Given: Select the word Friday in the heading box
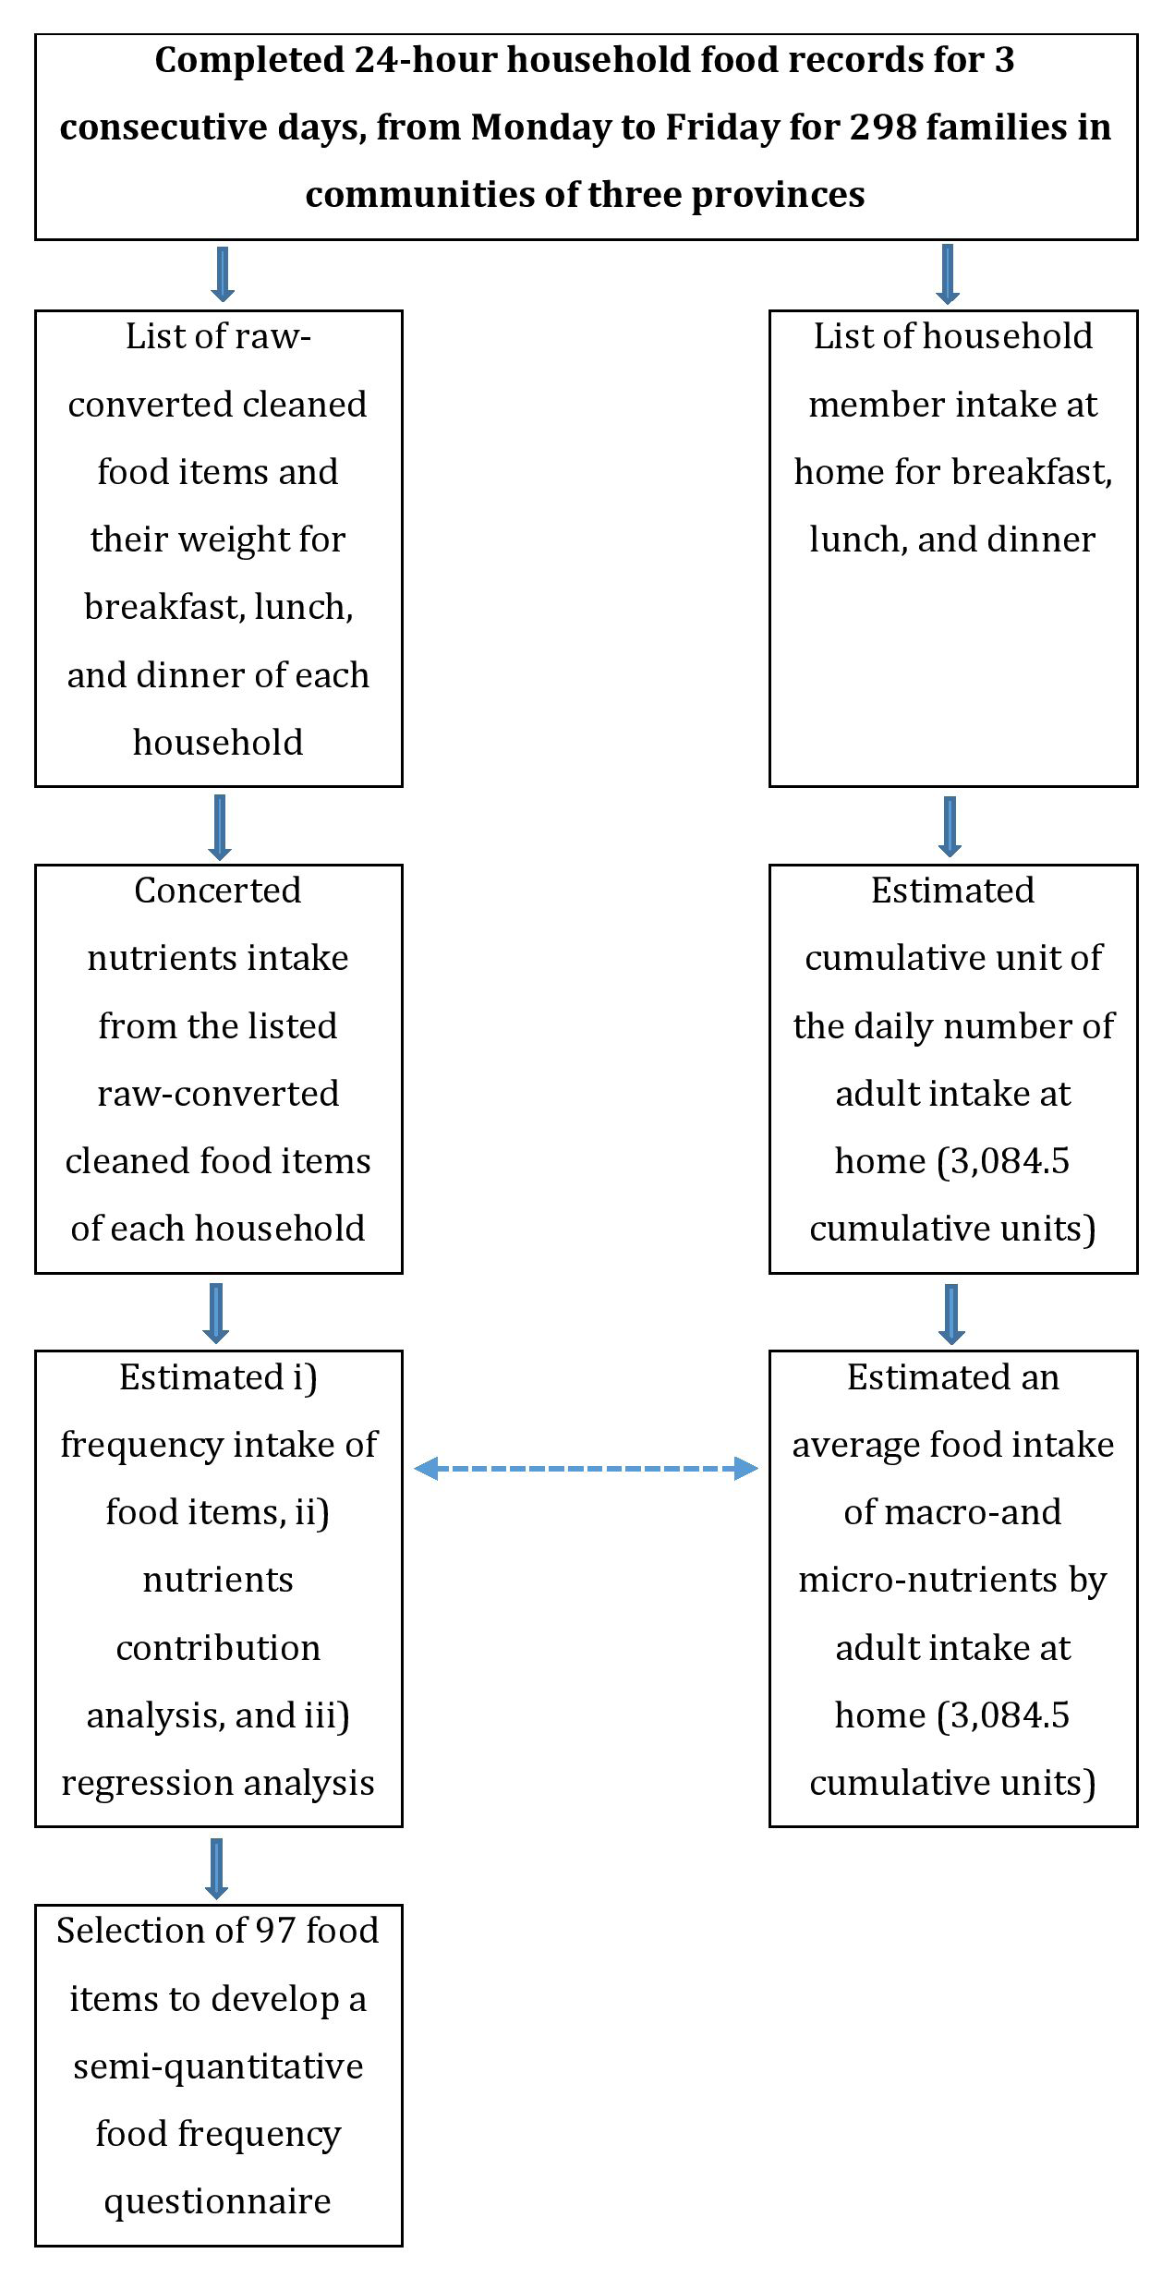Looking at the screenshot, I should (x=723, y=127).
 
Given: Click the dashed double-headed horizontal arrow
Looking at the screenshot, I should (x=586, y=1468).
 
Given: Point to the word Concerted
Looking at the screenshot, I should (x=218, y=891).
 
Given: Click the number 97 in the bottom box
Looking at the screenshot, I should (x=275, y=1931).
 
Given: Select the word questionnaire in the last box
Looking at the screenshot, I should (x=218, y=2201).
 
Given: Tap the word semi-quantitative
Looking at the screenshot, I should (x=218, y=2066).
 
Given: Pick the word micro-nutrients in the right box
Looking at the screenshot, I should (x=927, y=1580).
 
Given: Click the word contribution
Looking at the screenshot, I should (x=218, y=1648).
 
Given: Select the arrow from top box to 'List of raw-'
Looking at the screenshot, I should (x=223, y=274).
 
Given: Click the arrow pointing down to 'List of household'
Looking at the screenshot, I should (x=948, y=274).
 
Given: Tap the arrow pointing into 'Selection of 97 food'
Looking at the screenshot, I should (x=216, y=1868).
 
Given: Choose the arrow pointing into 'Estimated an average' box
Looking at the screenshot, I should (x=951, y=1313).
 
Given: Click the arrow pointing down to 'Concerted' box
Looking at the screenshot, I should (x=220, y=827).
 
